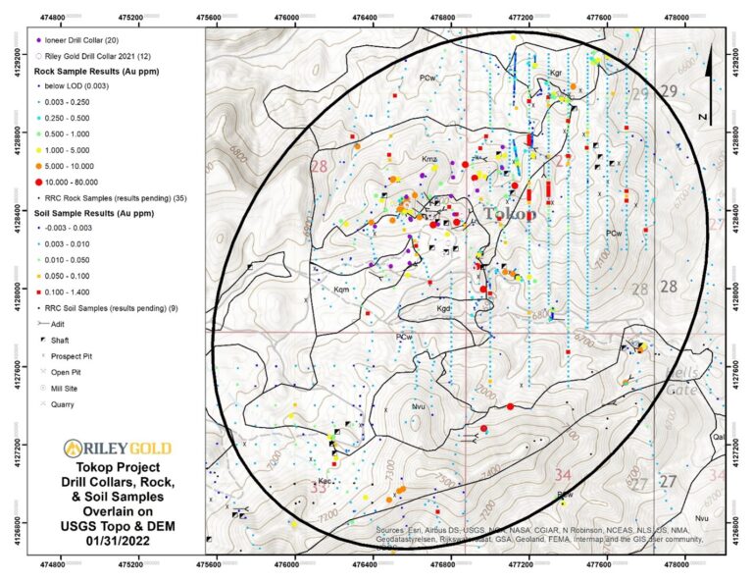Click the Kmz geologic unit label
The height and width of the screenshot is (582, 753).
(428, 159)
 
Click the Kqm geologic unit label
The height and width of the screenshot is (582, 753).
(341, 290)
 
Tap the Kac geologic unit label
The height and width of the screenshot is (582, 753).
(325, 481)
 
